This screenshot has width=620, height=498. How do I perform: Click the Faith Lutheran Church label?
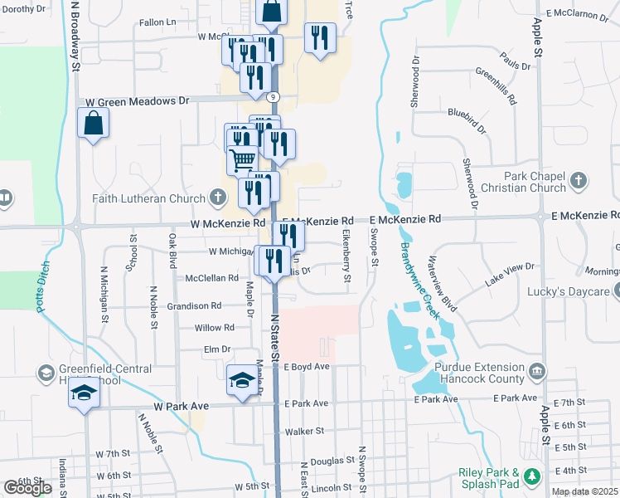[149, 198]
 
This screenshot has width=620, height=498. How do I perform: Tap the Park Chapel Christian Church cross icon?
[579, 180]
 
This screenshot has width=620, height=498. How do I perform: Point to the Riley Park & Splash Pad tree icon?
[535, 476]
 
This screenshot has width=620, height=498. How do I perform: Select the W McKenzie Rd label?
[227, 223]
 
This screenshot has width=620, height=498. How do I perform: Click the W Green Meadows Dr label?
[138, 100]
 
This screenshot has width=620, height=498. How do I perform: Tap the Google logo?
[27, 488]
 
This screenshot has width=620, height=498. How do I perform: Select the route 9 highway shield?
[274, 97]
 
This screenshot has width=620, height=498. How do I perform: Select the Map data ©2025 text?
[584, 492]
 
